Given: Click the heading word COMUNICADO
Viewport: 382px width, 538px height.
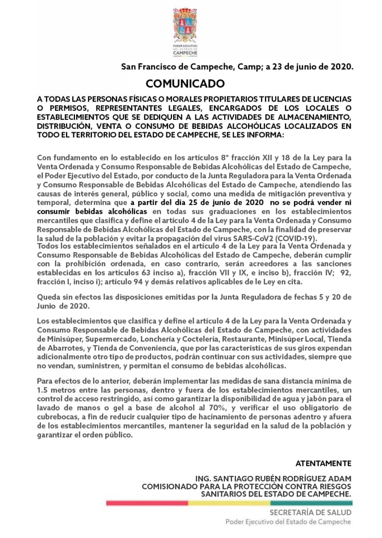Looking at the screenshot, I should pyautogui.click(x=184, y=84).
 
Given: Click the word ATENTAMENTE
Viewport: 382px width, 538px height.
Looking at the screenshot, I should pyautogui.click(x=323, y=463).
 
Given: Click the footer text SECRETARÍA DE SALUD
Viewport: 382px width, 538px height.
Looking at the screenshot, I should pyautogui.click(x=310, y=512).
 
